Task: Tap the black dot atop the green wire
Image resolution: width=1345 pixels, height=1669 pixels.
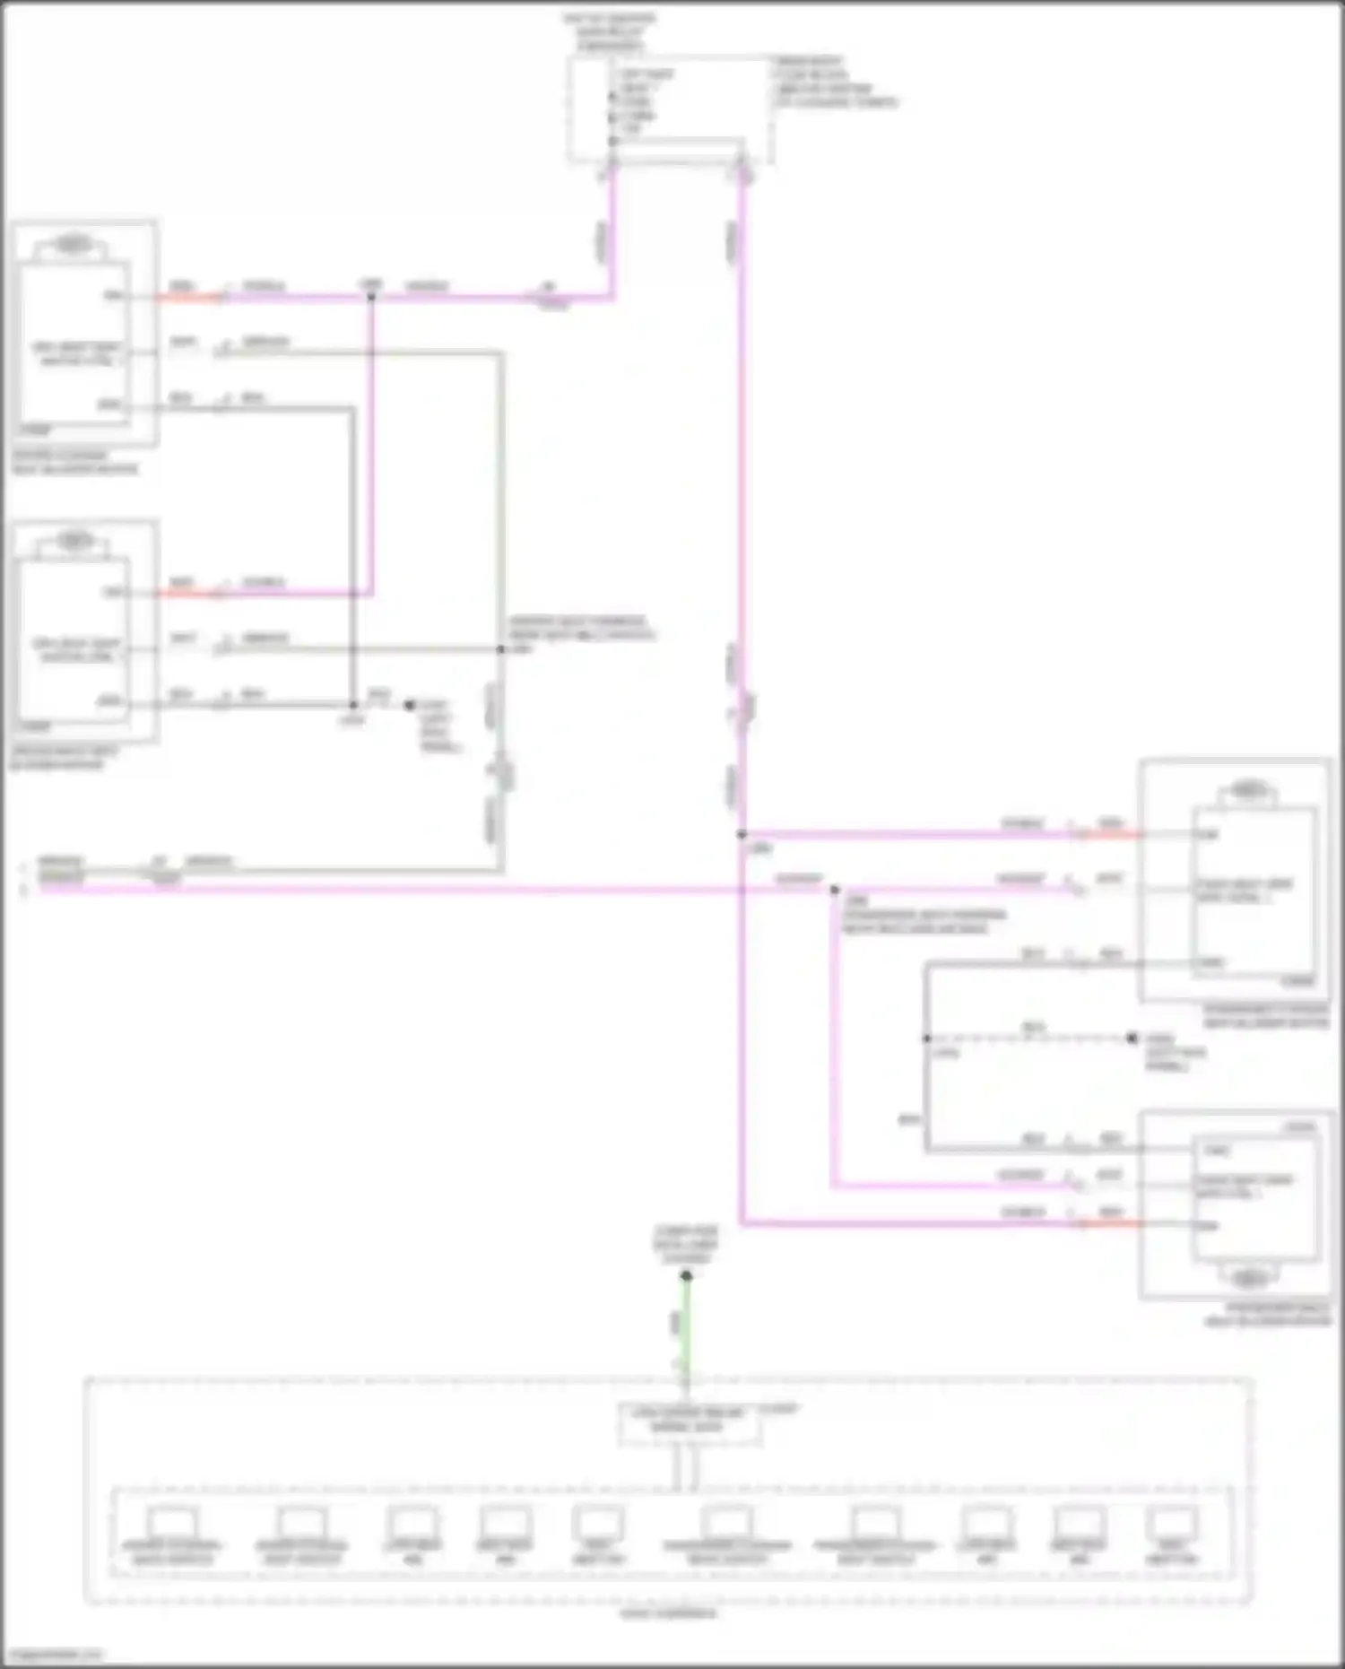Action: coord(686,1275)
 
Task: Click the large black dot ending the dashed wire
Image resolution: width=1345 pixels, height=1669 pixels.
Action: coord(1132,1039)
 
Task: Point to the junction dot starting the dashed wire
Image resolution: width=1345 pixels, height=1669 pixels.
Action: coord(926,1039)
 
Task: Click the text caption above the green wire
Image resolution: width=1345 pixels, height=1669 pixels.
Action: coord(686,1245)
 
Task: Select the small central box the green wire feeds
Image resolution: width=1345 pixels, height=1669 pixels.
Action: coord(689,1424)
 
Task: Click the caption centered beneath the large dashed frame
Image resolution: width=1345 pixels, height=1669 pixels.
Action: coord(669,1613)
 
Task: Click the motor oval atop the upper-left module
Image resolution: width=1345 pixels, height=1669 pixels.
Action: coord(74,243)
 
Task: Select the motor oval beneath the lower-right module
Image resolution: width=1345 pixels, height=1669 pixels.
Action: coord(1248,1277)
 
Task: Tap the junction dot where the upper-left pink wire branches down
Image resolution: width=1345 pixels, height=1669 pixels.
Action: coord(370,297)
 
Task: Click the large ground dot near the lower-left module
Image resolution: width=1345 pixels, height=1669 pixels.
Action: coord(409,705)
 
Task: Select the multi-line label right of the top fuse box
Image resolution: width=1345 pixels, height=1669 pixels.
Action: coord(834,83)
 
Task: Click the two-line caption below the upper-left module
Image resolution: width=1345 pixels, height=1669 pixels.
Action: coord(75,462)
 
